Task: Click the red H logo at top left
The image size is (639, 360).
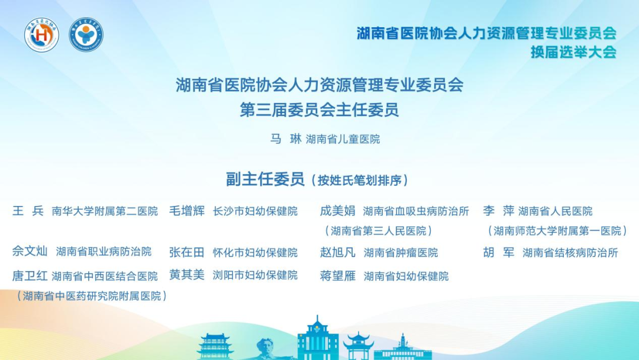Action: point(41,35)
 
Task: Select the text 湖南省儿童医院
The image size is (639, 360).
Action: point(343,140)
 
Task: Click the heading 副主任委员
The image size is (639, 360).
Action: point(264,179)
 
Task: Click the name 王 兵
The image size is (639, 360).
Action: point(28,211)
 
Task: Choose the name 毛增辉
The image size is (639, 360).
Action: point(187,211)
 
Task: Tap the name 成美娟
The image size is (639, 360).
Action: point(337,211)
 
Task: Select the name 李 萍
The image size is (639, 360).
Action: point(498,211)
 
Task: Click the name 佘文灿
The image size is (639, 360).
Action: point(30,251)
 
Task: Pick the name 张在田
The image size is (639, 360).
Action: point(187,252)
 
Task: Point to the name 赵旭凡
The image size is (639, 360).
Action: point(337,252)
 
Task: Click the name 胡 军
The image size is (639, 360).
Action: point(498,252)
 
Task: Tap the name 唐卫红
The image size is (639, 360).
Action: point(30,276)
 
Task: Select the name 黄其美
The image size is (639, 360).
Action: point(187,275)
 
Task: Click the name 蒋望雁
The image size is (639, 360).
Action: point(337,276)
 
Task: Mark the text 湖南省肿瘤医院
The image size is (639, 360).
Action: point(401,253)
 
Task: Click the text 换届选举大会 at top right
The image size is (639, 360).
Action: point(573,52)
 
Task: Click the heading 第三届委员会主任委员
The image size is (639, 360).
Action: point(319,110)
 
